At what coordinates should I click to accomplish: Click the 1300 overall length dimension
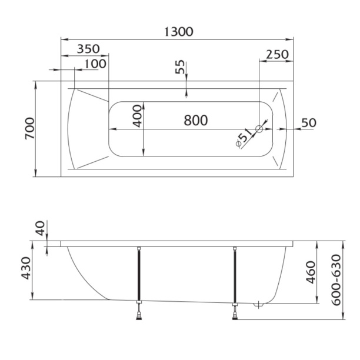179,32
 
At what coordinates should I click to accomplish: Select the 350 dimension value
88,49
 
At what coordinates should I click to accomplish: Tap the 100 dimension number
95,64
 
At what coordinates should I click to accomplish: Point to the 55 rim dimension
180,67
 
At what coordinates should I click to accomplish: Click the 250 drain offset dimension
277,55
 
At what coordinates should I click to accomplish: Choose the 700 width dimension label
30,128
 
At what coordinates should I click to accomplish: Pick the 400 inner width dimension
138,116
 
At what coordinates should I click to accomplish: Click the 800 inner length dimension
196,121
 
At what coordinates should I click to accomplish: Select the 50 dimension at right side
309,123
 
